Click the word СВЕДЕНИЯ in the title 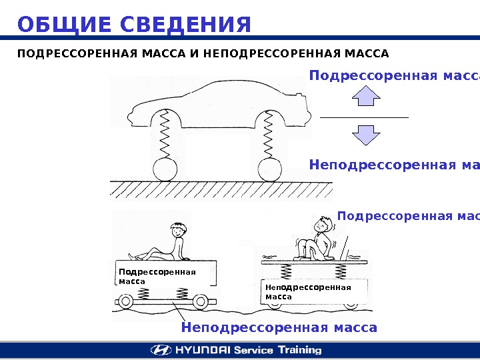(187, 25)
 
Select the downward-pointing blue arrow (365, 135)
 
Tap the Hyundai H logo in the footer (161, 350)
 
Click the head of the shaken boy (323, 225)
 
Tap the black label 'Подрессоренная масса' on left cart (157, 276)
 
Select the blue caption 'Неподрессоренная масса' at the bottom (279, 327)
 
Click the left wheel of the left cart (125, 302)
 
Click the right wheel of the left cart (199, 302)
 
